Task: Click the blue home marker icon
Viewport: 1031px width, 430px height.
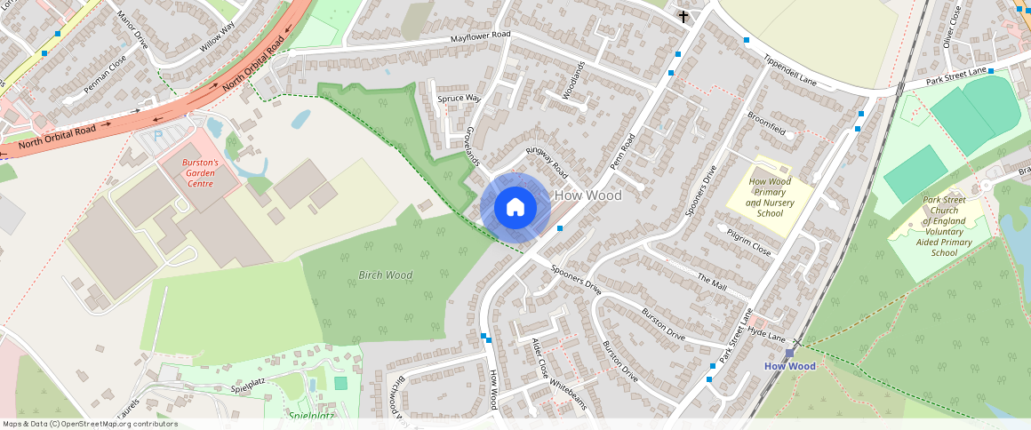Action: coord(515,208)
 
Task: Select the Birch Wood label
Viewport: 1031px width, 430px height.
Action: coord(385,275)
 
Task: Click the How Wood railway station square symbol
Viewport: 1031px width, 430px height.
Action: coord(789,353)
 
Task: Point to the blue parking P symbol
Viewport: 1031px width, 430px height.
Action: coord(158,137)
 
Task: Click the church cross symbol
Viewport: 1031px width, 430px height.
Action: coord(683,16)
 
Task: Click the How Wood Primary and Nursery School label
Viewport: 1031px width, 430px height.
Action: coord(770,197)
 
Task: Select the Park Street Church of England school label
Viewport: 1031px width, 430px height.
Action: coord(944,227)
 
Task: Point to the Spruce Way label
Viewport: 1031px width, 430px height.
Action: coord(459,98)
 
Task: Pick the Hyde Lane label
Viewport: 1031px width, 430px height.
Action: coord(767,334)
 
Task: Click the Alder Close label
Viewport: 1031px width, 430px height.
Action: coord(540,355)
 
